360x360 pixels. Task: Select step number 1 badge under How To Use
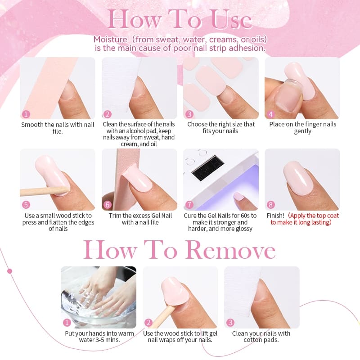[26, 114]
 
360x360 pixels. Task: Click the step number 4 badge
[271, 114]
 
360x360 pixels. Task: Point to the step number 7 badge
[189, 205]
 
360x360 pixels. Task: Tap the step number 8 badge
[271, 205]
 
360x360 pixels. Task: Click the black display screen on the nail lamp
[208, 167]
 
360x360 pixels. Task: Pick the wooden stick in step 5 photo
[45, 191]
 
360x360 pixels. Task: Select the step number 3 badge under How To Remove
[230, 323]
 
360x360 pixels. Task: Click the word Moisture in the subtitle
[110, 40]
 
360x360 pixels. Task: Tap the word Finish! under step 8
[275, 216]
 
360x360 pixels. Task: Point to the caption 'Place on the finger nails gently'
[302, 128]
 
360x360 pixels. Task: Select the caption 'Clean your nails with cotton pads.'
[261, 336]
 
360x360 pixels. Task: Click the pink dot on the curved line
[9, 271]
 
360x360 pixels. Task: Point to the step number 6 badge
[108, 205]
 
